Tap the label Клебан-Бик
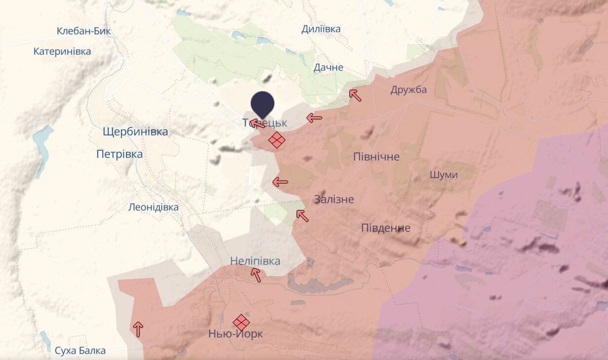pos(84,31)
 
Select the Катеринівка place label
pos(62,51)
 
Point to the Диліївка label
pos(321,29)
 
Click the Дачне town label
pos(328,68)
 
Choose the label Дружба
pos(409,90)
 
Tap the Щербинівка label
pos(135,132)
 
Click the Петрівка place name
pos(119,154)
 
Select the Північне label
pos(377,157)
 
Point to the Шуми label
pos(444,175)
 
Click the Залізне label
pos(334,199)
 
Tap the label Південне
pos(386,228)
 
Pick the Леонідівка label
pos(153,207)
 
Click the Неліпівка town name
pos(255,261)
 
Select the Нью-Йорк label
pos(236,334)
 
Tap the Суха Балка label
pos(80,351)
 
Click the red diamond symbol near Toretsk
pos(277,140)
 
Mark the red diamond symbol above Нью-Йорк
pos(241,323)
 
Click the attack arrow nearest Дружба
pos(355,95)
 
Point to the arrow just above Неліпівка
pos(256,275)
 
